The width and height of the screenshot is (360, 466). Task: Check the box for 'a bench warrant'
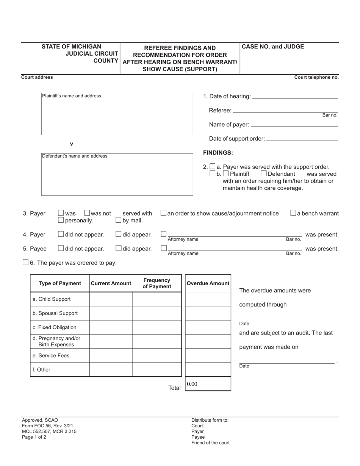[x=293, y=213]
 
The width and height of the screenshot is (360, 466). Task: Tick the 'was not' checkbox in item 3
[x=87, y=213]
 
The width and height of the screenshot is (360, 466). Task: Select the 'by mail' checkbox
[x=118, y=220]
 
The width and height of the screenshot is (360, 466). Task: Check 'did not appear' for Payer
[x=61, y=234]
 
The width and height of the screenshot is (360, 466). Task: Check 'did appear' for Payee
[x=118, y=248]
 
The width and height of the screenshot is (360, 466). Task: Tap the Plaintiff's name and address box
[x=117, y=114]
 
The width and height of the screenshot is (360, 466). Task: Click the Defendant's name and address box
[x=117, y=174]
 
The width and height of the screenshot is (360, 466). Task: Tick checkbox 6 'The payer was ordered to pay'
[x=25, y=262]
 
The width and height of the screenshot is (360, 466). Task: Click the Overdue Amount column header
[x=208, y=283]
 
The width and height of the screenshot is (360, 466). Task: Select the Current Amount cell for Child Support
[x=111, y=299]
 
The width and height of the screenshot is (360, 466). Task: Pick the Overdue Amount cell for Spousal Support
[x=208, y=313]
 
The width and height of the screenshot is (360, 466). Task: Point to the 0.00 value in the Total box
[x=192, y=384]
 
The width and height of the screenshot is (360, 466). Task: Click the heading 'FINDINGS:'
[x=218, y=153]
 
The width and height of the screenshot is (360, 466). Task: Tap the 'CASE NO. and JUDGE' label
[x=273, y=47]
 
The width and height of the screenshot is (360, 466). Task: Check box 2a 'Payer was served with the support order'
[x=213, y=166]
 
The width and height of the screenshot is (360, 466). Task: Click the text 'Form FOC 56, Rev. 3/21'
[x=47, y=425]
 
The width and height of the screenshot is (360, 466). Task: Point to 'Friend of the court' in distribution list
[x=210, y=443]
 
